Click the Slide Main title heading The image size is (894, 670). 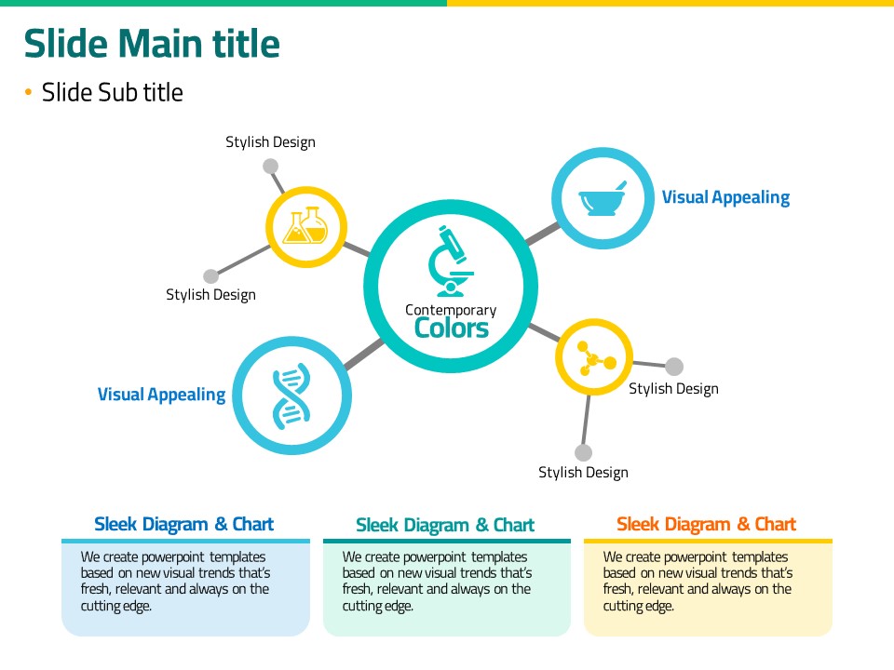pos(151,44)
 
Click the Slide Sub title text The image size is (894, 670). pos(112,92)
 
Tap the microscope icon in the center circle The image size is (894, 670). pos(451,259)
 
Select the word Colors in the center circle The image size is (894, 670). pos(451,328)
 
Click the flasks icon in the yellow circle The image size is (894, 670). pos(306,227)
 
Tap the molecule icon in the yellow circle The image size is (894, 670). pos(594,357)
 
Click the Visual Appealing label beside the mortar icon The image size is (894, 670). pos(725,197)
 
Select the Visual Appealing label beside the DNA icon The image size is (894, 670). pos(161,395)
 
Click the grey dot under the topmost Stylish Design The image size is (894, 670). pos(270,167)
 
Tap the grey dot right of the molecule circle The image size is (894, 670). pos(675,367)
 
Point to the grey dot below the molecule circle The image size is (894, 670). pos(583,453)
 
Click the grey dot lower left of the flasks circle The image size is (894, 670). pos(210,276)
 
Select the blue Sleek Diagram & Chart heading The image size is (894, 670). pos(184,524)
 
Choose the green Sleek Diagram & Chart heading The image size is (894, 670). pos(445,526)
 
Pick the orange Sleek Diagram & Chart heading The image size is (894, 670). pos(706,524)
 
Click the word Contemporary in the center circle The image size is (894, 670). pos(451,310)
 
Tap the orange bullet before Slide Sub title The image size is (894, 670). pos(28,92)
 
